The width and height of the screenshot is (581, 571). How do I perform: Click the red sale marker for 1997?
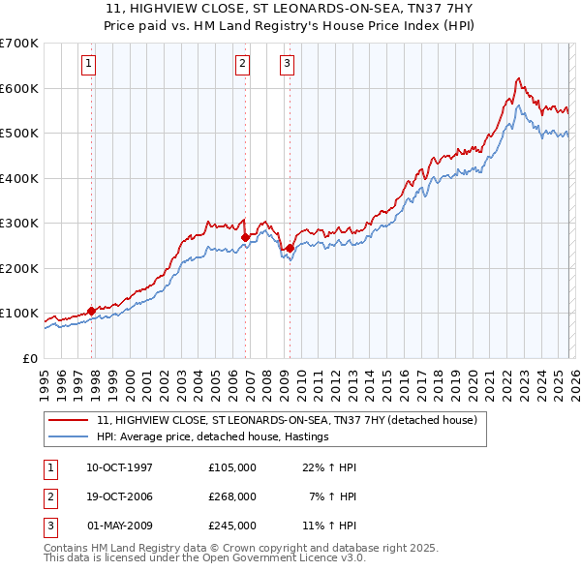click(92, 311)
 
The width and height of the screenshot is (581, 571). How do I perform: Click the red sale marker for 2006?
click(245, 236)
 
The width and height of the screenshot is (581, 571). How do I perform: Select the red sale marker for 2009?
click(290, 248)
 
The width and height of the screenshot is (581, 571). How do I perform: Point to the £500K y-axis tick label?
click(19, 133)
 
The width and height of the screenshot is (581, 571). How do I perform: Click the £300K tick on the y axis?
click(19, 223)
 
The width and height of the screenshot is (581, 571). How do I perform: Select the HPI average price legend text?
click(213, 436)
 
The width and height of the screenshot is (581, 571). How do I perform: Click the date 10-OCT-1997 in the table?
click(119, 467)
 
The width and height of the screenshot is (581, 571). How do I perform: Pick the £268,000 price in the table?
click(232, 496)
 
